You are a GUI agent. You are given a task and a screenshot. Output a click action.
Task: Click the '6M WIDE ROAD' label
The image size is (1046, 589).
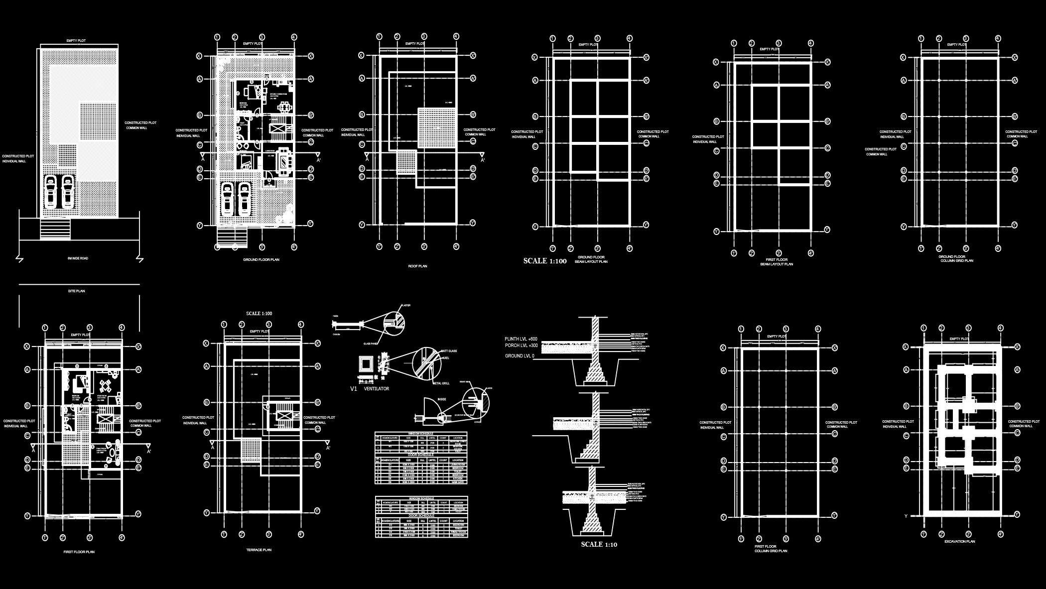click(x=78, y=258)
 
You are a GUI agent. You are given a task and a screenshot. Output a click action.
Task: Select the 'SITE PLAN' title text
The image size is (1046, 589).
click(x=76, y=291)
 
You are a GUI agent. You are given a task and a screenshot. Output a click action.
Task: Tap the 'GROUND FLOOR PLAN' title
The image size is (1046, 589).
click(x=261, y=260)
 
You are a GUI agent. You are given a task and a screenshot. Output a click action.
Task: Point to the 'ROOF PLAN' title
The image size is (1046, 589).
click(x=417, y=266)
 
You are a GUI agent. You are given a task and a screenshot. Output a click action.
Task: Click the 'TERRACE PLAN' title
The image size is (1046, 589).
click(x=259, y=550)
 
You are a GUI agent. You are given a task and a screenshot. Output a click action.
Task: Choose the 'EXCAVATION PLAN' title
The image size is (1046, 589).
click(x=959, y=541)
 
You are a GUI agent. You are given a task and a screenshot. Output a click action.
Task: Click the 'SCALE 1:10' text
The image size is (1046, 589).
click(x=599, y=544)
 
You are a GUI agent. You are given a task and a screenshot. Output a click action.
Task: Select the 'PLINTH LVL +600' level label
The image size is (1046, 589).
click(x=521, y=339)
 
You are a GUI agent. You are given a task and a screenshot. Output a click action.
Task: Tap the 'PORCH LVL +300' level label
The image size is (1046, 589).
click(x=521, y=346)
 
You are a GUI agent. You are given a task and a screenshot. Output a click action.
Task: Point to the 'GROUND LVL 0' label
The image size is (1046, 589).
click(x=520, y=356)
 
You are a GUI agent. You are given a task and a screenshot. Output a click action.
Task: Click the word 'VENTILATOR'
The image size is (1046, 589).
click(x=377, y=388)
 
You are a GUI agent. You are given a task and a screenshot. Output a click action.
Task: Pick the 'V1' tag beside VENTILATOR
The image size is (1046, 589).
click(x=354, y=388)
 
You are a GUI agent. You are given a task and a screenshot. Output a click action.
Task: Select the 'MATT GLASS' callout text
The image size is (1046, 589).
click(x=449, y=351)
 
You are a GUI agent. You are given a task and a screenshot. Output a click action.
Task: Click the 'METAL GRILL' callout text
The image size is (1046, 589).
click(x=441, y=383)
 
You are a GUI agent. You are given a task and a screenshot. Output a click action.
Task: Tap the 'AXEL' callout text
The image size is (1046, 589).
click(x=446, y=357)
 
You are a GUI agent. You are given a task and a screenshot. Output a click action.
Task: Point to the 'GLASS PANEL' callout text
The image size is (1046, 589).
click(x=371, y=344)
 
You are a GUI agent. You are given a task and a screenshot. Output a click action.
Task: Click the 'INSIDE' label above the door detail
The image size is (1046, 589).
click(x=442, y=399)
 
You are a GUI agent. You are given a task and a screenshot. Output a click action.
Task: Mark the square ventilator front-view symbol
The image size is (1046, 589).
click(x=367, y=364)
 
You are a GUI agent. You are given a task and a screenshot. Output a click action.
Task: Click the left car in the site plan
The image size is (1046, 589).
click(x=51, y=192)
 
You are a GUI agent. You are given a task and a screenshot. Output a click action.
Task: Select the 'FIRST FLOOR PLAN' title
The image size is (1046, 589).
click(x=79, y=552)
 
